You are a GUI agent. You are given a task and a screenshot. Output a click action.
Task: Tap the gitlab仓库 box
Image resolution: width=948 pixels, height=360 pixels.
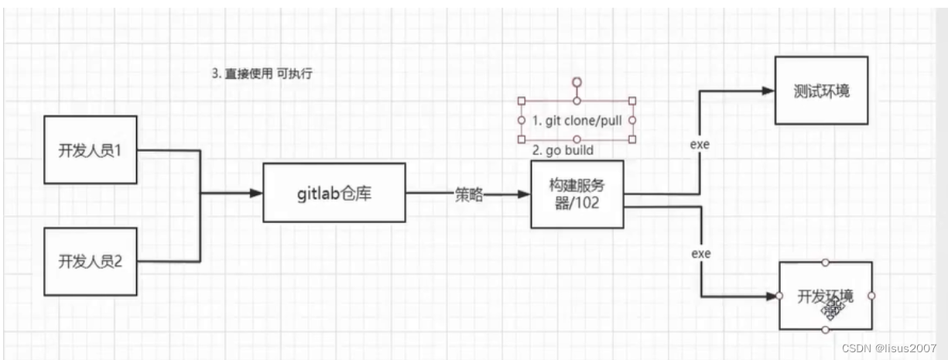(x=334, y=193)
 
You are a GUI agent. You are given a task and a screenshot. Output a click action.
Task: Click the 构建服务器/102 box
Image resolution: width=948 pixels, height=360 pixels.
(x=577, y=195)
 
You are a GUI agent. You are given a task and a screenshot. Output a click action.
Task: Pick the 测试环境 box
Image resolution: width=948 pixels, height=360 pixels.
(x=822, y=91)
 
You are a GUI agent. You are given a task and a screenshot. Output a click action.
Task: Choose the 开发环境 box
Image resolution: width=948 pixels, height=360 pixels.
(x=825, y=296)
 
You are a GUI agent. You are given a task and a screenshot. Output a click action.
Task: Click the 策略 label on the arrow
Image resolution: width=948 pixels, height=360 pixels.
(x=469, y=195)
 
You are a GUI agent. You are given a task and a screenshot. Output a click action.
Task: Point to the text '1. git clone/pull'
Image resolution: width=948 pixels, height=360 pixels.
(x=577, y=121)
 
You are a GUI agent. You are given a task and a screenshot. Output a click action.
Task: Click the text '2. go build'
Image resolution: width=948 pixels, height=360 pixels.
(x=563, y=150)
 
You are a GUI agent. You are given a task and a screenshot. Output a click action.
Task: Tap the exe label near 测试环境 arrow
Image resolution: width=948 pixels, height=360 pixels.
(x=700, y=144)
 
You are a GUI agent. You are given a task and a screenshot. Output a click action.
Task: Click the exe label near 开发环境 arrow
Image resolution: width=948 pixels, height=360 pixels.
(x=700, y=253)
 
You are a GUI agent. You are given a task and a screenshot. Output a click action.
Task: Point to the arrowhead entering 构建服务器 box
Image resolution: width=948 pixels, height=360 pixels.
(x=524, y=195)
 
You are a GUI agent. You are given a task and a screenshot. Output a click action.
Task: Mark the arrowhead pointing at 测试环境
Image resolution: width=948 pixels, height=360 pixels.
(x=768, y=91)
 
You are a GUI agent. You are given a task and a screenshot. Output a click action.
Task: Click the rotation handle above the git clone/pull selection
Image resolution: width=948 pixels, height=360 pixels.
(x=577, y=81)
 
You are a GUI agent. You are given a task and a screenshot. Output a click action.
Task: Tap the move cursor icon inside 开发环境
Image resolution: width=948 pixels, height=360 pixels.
(x=832, y=310)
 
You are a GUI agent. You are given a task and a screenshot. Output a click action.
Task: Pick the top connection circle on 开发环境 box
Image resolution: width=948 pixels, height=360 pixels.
(x=826, y=262)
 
